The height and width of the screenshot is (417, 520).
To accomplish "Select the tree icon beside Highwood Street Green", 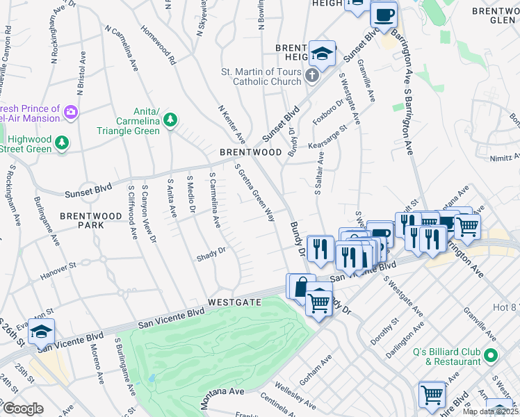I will pyautogui.click(x=63, y=142).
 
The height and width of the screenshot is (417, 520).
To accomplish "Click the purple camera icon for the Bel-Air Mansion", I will pyautogui.click(x=70, y=111).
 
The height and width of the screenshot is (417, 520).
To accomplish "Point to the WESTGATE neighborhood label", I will pyautogui.click(x=234, y=302).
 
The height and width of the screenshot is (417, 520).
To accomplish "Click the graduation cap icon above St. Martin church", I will pyautogui.click(x=322, y=52).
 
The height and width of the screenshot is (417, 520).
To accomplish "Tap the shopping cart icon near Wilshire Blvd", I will pyautogui.click(x=432, y=394).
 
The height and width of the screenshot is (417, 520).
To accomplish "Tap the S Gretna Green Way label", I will pyautogui.click(x=254, y=193).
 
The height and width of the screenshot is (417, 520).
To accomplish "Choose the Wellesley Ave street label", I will pyautogui.click(x=298, y=397).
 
